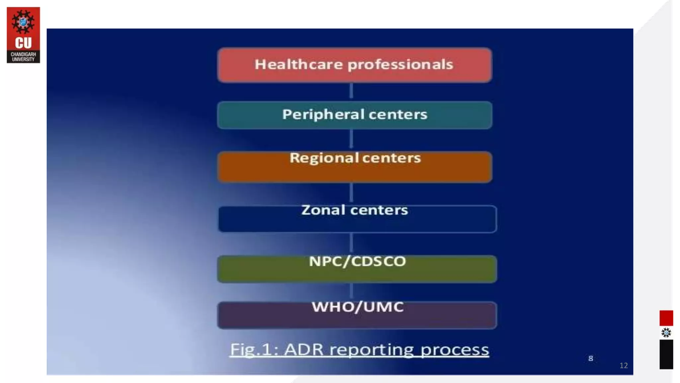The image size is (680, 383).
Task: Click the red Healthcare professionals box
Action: pyautogui.click(x=355, y=65)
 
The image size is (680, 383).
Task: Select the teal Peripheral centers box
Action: pyautogui.click(x=355, y=115)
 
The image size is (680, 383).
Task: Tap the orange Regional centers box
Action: pyautogui.click(x=355, y=167)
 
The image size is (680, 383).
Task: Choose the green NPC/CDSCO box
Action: pyautogui.click(x=357, y=269)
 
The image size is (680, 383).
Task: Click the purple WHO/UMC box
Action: pyautogui.click(x=357, y=316)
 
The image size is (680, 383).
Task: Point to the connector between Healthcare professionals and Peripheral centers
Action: pyautogui.click(x=351, y=91)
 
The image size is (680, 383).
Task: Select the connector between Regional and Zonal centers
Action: pyautogui.click(x=351, y=193)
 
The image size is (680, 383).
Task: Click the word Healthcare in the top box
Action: pyautogui.click(x=298, y=64)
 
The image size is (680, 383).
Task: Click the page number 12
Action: pyautogui.click(x=624, y=365)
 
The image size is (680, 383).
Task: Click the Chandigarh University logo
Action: pyautogui.click(x=23, y=35)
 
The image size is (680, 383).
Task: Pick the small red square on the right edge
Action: pyautogui.click(x=666, y=318)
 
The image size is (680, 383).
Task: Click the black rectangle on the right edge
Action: pyautogui.click(x=666, y=354)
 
